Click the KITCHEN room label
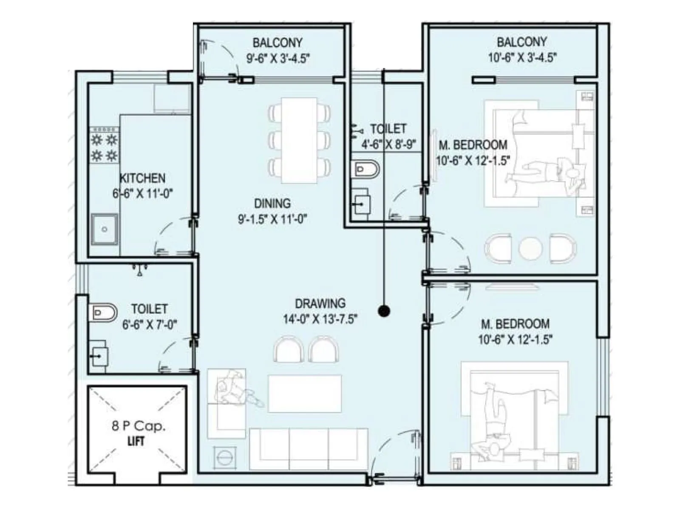142,178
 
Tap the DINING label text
272,203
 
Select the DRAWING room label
320,303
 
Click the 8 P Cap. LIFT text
138,433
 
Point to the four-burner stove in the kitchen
105,147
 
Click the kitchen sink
105,229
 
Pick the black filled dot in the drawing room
384,311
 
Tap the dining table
299,140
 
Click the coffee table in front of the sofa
305,393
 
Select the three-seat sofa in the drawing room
309,449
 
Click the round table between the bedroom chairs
530,248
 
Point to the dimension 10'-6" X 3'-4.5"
522,58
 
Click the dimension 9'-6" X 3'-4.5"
278,59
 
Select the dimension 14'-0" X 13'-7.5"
320,319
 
